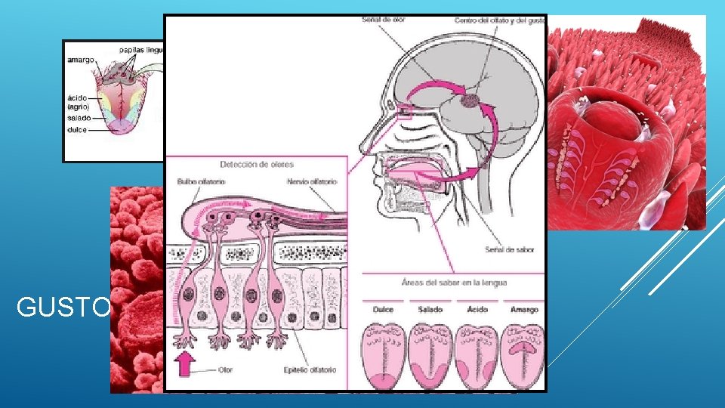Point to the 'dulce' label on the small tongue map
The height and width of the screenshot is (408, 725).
pyautogui.click(x=78, y=130)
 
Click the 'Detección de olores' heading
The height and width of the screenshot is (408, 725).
pyautogui.click(x=257, y=164)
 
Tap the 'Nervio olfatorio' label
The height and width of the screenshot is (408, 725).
pyautogui.click(x=312, y=181)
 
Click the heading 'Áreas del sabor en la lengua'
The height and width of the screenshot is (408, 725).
pyautogui.click(x=454, y=283)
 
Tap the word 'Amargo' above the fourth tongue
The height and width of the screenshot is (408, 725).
pyautogui.click(x=523, y=309)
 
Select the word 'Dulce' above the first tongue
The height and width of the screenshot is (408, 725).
pyautogui.click(x=384, y=309)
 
